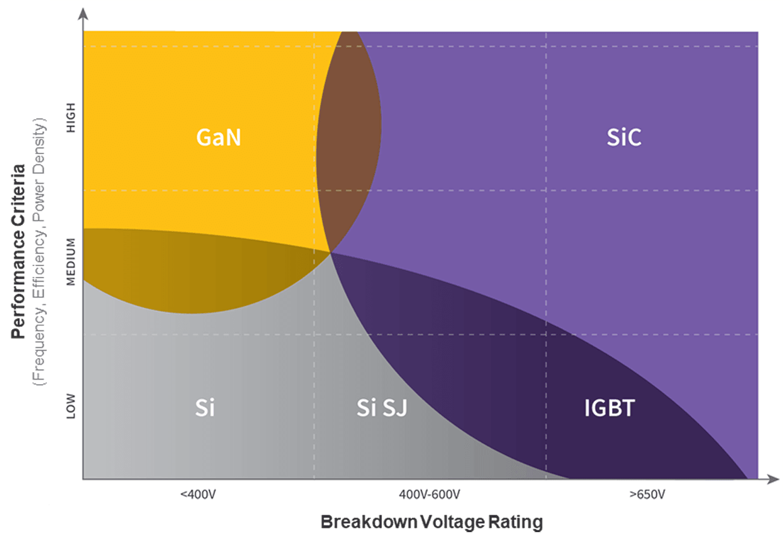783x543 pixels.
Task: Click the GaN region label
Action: coord(218,138)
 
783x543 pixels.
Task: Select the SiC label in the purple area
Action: coord(624,138)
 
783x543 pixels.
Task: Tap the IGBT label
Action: coord(609,408)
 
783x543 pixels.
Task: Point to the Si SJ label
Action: coord(382,408)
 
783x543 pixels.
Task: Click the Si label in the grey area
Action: coord(205,408)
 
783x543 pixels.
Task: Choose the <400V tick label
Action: coord(198,495)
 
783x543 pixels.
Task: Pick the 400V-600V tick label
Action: coord(429,495)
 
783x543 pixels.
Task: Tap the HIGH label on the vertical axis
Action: coord(71,118)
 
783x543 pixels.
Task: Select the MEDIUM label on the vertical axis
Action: coord(71,262)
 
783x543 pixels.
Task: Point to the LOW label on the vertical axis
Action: coord(71,406)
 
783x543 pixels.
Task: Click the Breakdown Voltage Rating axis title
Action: coord(431,522)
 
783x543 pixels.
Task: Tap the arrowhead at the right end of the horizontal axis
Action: coord(773,480)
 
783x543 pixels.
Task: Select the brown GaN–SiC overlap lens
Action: coord(349,138)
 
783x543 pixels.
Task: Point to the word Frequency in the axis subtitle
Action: coord(40,343)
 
